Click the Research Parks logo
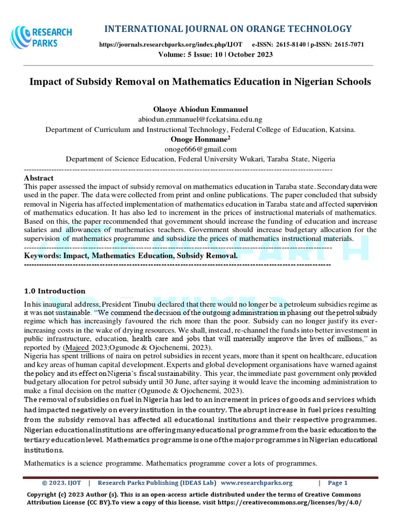tap(41, 37)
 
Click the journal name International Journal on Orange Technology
tap(228, 28)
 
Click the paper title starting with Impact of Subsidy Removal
tap(200, 82)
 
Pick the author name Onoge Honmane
tap(199, 139)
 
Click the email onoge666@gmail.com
tap(200, 150)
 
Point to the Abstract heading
tap(39, 178)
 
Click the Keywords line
tap(131, 255)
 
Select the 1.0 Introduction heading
tap(55, 291)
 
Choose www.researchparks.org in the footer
tap(256, 483)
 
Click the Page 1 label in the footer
tap(338, 483)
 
